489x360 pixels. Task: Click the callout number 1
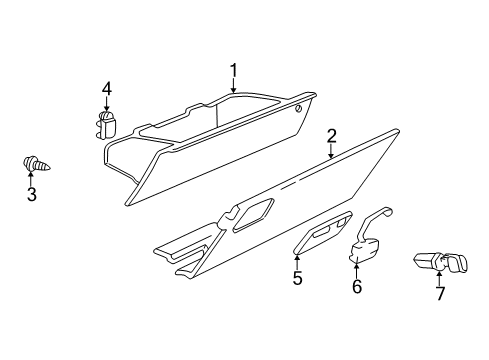pyautogui.click(x=233, y=70)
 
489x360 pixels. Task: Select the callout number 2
pyautogui.click(x=331, y=137)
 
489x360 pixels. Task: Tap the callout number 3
pyautogui.click(x=31, y=194)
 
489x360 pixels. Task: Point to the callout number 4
pyautogui.click(x=106, y=91)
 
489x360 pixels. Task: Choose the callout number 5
pyautogui.click(x=297, y=278)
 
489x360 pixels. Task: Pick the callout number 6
pyautogui.click(x=356, y=286)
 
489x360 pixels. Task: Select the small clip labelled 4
pyautogui.click(x=105, y=125)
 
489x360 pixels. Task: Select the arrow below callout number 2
pyautogui.click(x=331, y=153)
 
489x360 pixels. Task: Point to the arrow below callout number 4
pyautogui.click(x=106, y=108)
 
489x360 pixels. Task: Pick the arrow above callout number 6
pyautogui.click(x=356, y=270)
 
